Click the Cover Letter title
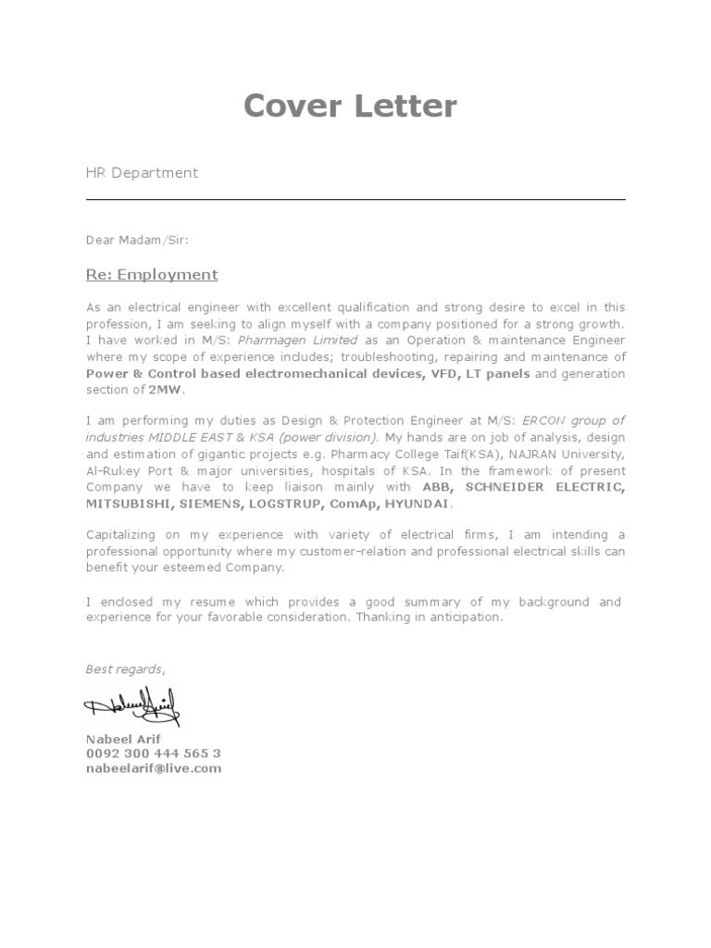coord(350,106)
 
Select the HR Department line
coord(142,172)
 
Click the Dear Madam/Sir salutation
coord(137,240)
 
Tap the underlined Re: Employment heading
coord(152,274)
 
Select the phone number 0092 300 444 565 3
coord(153,754)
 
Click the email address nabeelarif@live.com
coord(153,768)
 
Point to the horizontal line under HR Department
coord(355,200)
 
